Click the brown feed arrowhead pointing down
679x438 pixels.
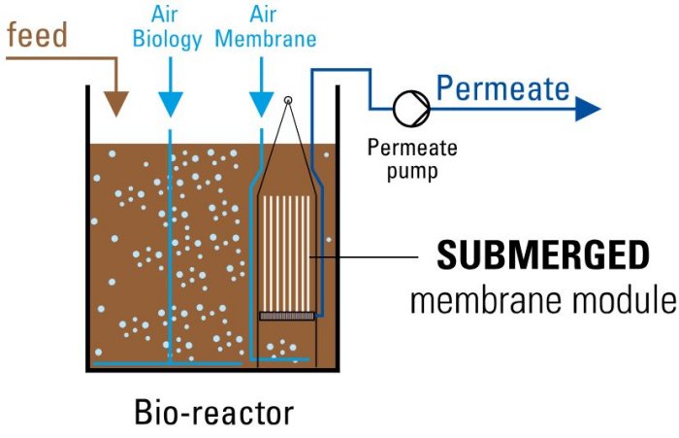point(116,105)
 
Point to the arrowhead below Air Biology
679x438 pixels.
point(171,105)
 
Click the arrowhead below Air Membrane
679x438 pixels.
point(260,105)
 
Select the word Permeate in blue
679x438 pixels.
point(502,89)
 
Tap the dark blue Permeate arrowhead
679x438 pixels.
point(587,108)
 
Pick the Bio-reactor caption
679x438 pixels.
point(213,412)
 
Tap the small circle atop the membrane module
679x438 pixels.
point(288,101)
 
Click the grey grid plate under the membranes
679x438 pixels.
point(287,316)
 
